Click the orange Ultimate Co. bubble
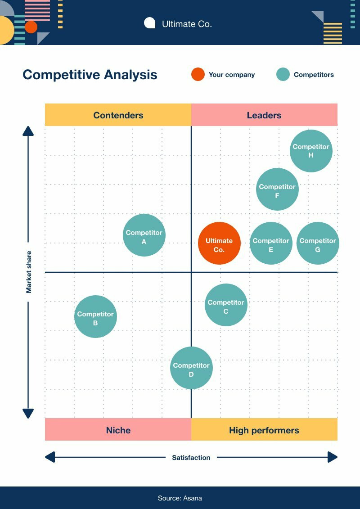[x=219, y=243]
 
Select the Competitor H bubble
[x=311, y=151]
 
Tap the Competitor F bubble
[x=277, y=189]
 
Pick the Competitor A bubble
[x=144, y=235]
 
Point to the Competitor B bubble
[x=95, y=316]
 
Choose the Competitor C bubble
[x=226, y=305]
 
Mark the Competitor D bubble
[x=191, y=368]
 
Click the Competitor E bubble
[x=271, y=243]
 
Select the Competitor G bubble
[x=318, y=243]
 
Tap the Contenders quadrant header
[x=118, y=115]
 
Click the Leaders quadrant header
[x=264, y=115]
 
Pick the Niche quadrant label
[x=118, y=430]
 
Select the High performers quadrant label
[x=264, y=430]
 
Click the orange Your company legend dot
[x=198, y=75]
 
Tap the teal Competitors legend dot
[x=283, y=75]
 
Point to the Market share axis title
[x=29, y=272]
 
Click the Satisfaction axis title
[x=191, y=457]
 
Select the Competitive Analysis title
[x=90, y=75]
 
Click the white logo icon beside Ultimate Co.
[x=149, y=23]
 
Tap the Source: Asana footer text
[x=180, y=498]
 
